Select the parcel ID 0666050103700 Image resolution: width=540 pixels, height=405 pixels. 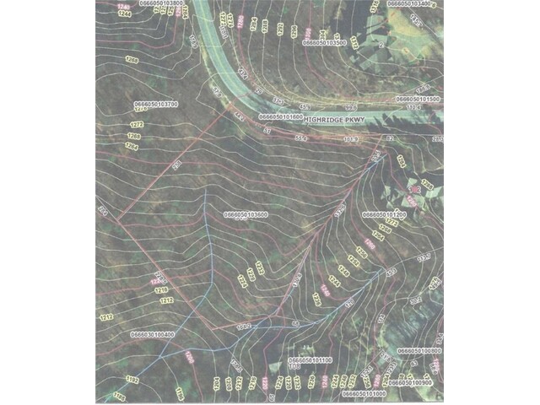point(155,104)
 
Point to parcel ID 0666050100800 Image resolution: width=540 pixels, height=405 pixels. point(419,349)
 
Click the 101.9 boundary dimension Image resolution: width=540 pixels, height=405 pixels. point(352,139)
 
